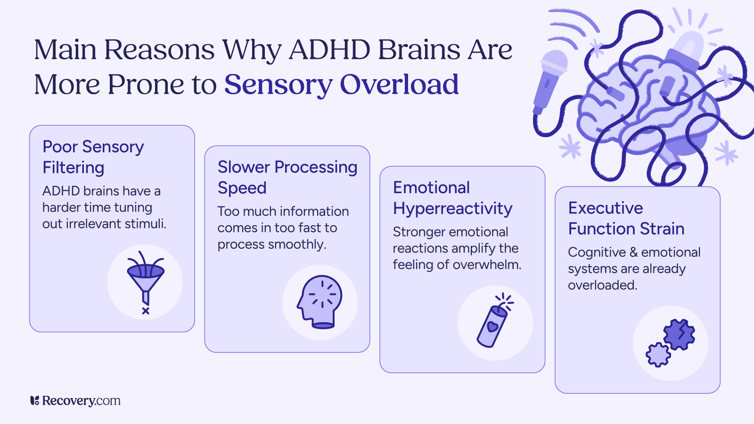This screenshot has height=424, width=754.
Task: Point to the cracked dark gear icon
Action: coord(679,334)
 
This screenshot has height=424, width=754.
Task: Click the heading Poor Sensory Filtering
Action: coord(93,157)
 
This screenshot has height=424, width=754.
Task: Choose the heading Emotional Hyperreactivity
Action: coord(452,198)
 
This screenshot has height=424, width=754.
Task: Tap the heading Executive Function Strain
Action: coord(626,218)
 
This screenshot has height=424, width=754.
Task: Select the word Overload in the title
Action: coord(399,85)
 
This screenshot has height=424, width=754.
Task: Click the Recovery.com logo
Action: coord(75,401)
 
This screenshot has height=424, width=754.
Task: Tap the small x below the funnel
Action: coord(146,311)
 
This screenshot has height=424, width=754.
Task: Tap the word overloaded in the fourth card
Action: coord(602,285)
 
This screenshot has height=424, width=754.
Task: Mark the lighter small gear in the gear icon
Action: coord(658,354)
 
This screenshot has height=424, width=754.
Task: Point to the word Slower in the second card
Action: coord(244,167)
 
